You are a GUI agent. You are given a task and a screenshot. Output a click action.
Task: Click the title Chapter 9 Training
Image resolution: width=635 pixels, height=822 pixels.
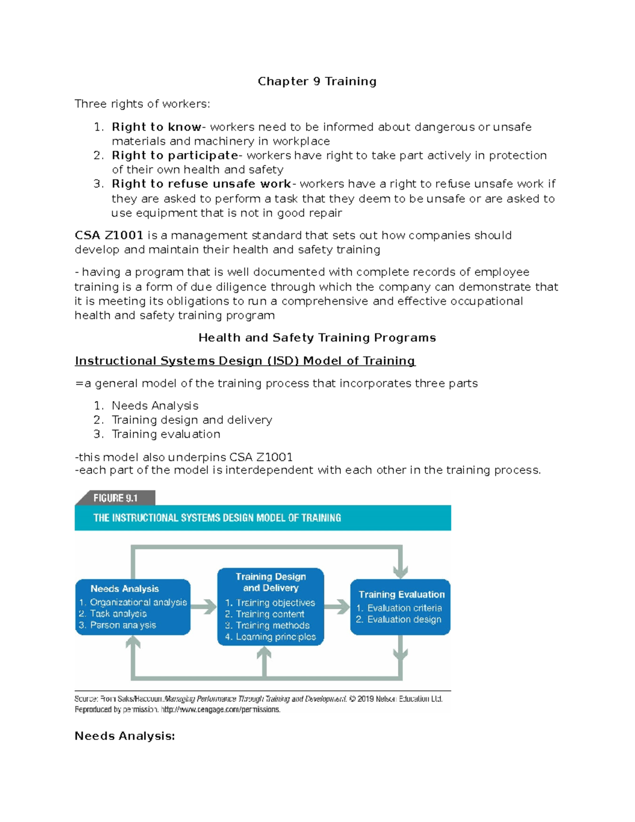[x=317, y=82]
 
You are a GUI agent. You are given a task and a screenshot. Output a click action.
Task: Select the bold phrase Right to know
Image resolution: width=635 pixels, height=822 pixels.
[x=156, y=127]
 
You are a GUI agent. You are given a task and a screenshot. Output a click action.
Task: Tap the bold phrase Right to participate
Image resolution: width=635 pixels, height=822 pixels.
[x=175, y=156]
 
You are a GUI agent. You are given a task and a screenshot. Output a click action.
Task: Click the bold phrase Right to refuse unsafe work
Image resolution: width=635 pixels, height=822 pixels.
[x=201, y=184]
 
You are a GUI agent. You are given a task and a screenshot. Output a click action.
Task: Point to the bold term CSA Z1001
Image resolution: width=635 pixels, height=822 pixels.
[x=108, y=236]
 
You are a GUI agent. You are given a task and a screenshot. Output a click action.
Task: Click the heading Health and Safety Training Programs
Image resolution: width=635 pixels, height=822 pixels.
[x=317, y=338]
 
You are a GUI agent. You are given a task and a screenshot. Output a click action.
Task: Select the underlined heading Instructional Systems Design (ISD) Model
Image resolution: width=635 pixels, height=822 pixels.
[x=245, y=361]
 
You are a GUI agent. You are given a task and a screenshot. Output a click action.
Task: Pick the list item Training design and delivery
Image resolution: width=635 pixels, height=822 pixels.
[x=192, y=420]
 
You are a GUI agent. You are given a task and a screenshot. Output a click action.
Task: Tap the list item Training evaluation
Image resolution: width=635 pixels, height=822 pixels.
[x=166, y=435]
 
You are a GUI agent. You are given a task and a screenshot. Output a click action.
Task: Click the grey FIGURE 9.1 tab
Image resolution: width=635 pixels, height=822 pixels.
[x=115, y=498]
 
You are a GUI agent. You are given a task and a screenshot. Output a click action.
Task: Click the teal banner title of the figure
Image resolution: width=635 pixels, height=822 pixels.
[x=217, y=518]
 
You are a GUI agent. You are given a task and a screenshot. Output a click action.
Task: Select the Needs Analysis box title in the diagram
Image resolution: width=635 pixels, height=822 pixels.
[x=124, y=589]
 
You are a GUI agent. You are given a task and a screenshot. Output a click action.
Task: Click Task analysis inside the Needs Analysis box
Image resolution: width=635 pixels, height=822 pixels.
[x=118, y=614]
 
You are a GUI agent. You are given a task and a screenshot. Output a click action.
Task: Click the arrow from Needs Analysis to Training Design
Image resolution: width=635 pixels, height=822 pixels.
[x=204, y=607]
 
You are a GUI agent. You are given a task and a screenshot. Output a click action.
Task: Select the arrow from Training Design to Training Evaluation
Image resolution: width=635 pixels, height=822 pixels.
[x=337, y=607]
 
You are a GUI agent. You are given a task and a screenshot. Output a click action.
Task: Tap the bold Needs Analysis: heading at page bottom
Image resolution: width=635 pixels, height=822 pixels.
[x=124, y=736]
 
